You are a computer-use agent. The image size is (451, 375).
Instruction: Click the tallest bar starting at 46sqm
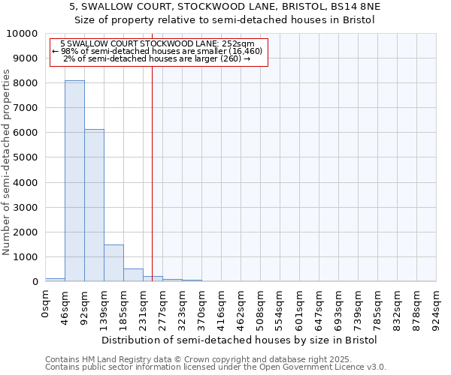74,181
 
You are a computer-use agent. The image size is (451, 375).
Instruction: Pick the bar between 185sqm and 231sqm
133,275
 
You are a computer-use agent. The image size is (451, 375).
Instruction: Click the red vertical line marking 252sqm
153,165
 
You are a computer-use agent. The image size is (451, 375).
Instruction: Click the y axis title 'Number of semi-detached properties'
8,162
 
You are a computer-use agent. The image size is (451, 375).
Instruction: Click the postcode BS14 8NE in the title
356,6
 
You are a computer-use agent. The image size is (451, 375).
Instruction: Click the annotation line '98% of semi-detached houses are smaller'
157,51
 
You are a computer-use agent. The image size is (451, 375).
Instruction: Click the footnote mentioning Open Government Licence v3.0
216,367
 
